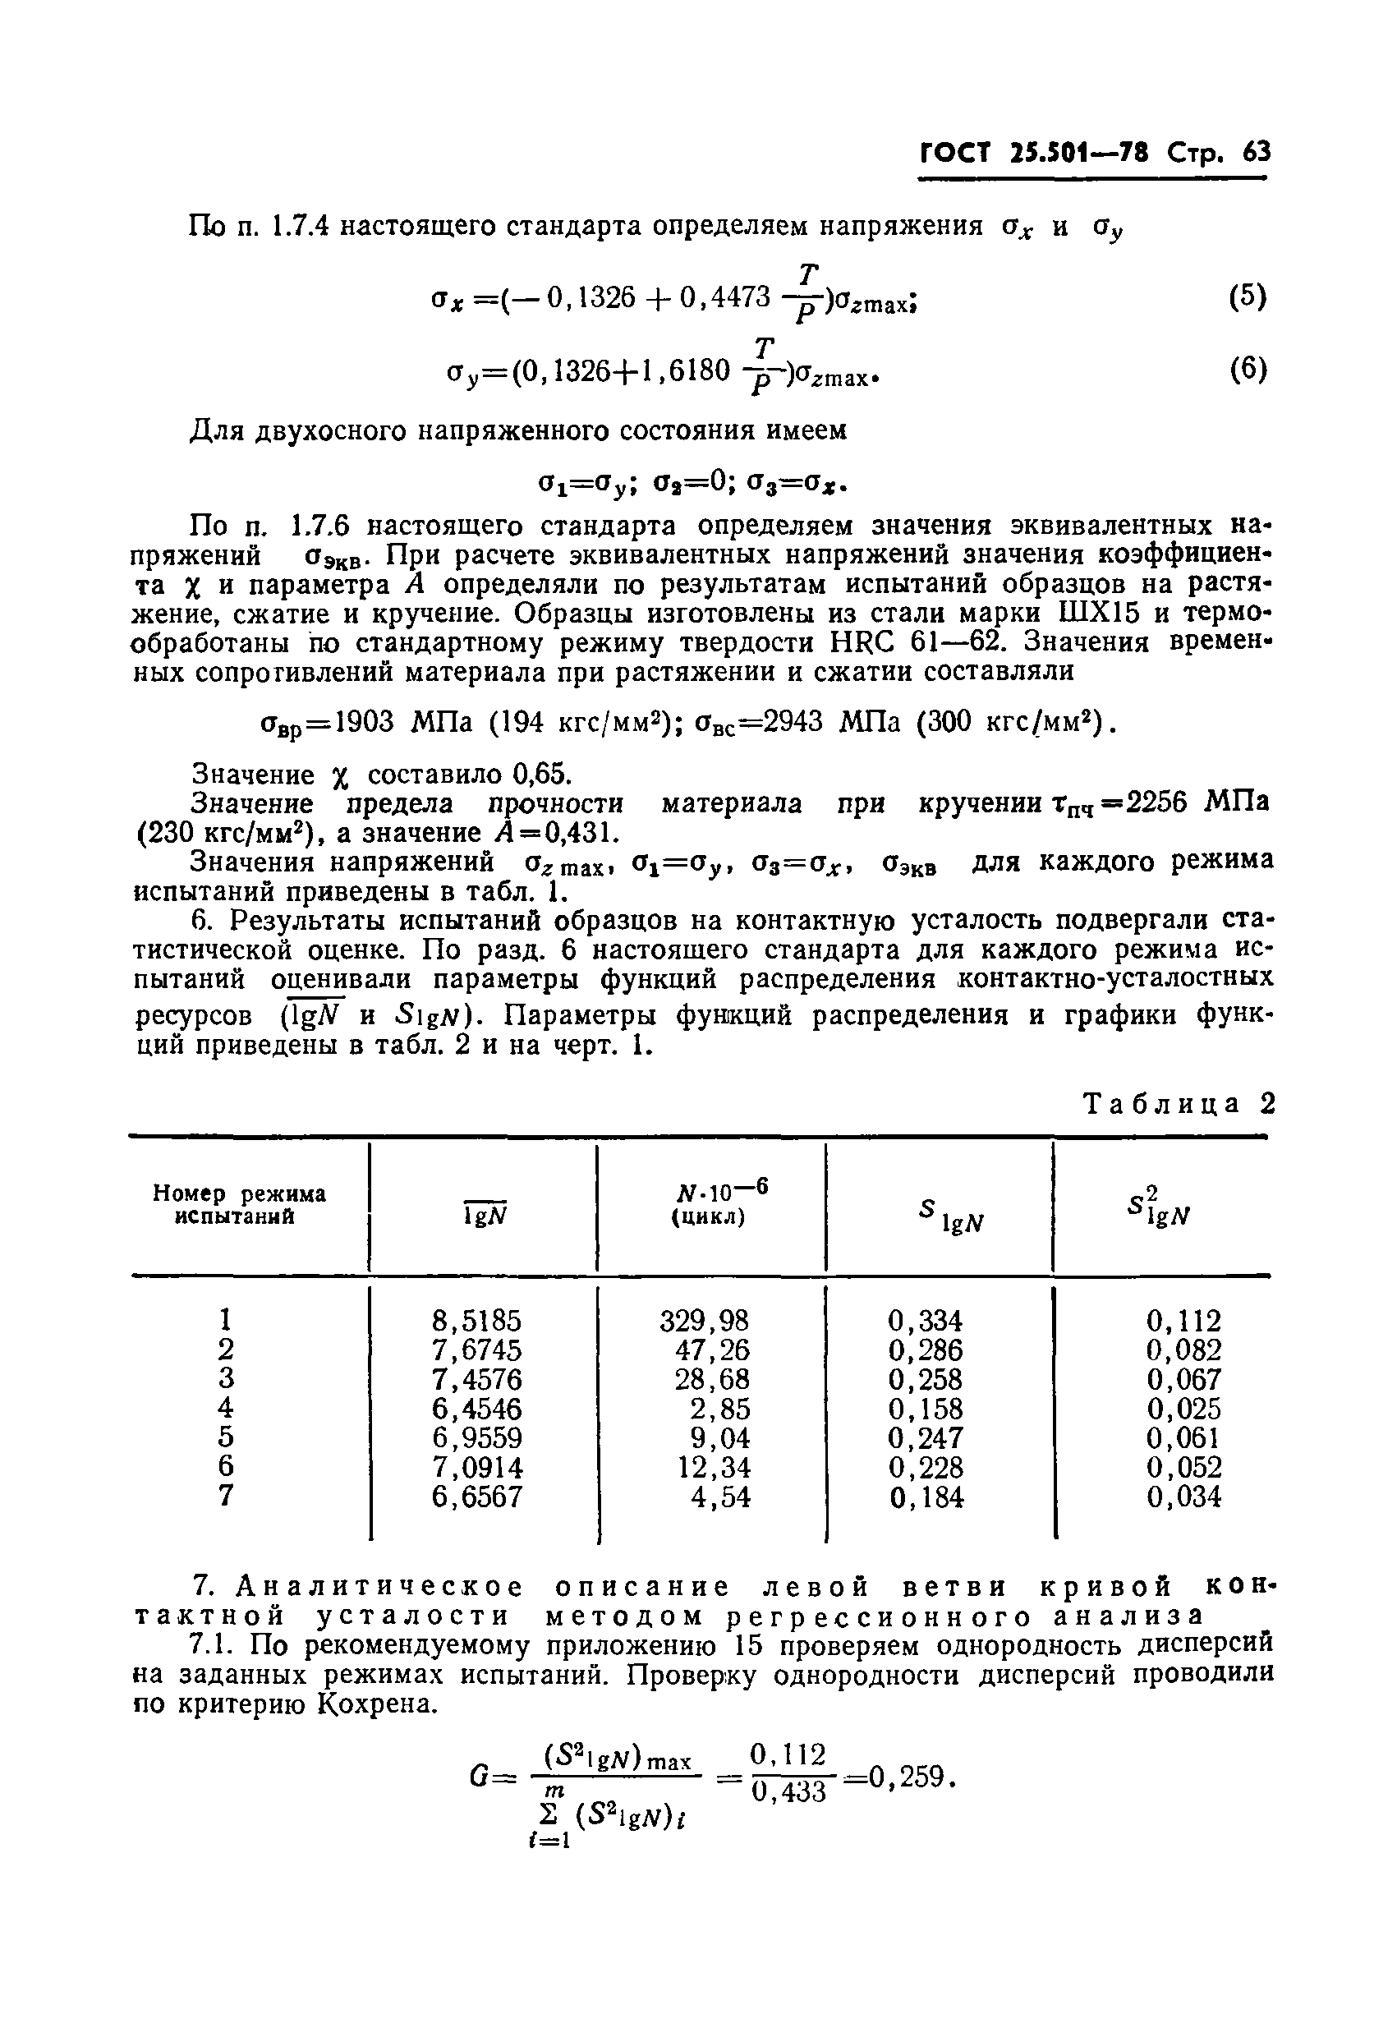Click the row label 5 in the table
tap(226, 1437)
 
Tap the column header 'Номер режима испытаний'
tap(238, 1205)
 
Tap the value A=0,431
tap(577, 831)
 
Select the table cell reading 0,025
tap(1183, 1409)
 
